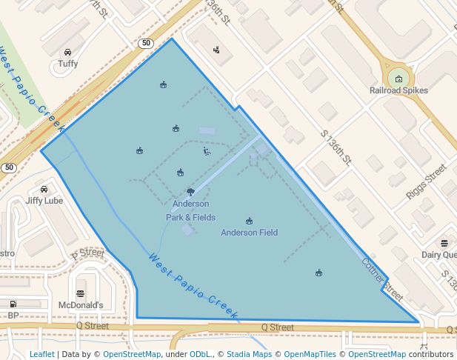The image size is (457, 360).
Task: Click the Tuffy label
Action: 68,64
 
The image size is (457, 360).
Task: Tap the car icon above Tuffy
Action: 68,52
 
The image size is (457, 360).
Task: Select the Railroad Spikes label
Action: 398,90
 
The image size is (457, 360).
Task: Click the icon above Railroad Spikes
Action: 398,79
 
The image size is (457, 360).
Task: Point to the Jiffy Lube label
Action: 44,200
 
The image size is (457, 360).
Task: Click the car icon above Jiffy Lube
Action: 44,189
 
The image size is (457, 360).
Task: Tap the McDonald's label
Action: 80,304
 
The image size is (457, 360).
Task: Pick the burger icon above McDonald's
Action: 80,293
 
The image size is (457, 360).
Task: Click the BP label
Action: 13,316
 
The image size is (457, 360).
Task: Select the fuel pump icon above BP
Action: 13,304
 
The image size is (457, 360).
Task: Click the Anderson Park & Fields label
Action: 190,210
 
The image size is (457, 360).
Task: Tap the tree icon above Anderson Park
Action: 190,192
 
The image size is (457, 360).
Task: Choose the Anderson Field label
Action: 250,233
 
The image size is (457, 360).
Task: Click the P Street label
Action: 88,253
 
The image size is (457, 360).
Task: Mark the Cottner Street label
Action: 382,279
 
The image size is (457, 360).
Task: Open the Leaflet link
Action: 41,354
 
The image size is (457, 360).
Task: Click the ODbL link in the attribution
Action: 200,354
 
